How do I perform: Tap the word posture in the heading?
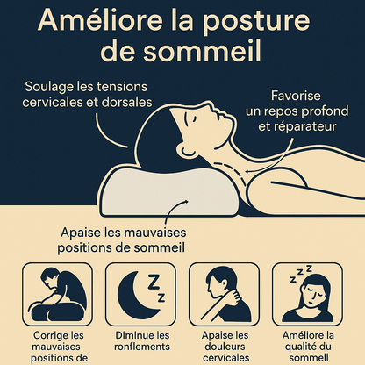point(256,22)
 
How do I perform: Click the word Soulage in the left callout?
point(49,87)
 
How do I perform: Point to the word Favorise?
point(296,96)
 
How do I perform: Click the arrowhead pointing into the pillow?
point(184,201)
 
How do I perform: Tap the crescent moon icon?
point(137,295)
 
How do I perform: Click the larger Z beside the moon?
point(154,282)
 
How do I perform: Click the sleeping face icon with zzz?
point(308,294)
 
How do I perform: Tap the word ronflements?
point(142,347)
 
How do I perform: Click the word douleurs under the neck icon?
point(225,347)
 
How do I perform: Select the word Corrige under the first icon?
point(47,336)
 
